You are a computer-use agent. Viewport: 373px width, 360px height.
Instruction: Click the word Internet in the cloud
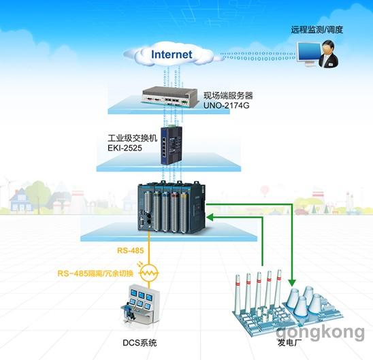(x=172, y=54)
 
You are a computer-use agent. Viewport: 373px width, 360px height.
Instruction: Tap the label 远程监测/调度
(x=317, y=30)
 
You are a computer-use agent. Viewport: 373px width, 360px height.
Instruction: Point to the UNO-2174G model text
(x=226, y=105)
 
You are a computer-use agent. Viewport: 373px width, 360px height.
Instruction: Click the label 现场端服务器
(x=228, y=95)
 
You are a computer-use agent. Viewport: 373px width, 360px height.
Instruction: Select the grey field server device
(x=170, y=97)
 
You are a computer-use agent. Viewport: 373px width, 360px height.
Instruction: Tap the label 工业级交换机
(x=133, y=138)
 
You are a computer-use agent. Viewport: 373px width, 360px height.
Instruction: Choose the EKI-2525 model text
(x=125, y=148)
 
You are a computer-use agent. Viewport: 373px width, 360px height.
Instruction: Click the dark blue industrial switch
(x=171, y=145)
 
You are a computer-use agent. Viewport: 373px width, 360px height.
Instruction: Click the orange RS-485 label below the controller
(x=131, y=250)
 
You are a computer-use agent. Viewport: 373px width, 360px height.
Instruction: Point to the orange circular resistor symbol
(x=149, y=273)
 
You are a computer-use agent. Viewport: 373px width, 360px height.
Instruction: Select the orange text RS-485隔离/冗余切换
(x=95, y=273)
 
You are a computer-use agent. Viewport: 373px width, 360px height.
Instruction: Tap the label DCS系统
(x=140, y=342)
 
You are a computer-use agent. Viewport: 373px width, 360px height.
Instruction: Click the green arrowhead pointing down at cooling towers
(x=292, y=282)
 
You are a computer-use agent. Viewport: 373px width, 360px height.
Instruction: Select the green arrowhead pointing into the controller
(x=210, y=217)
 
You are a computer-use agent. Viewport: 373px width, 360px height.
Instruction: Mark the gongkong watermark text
(x=320, y=332)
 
